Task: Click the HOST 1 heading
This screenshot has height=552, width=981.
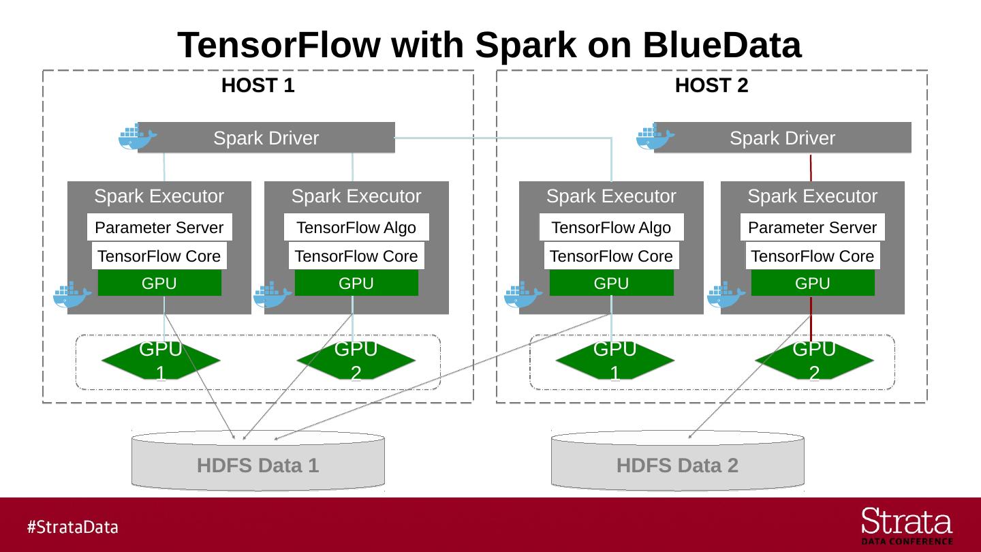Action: [x=258, y=86]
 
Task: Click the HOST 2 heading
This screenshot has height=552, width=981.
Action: [x=711, y=86]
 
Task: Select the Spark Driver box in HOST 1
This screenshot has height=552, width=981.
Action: [x=266, y=138]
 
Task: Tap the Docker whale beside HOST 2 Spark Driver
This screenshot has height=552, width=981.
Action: [x=655, y=137]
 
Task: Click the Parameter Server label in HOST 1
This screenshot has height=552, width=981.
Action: [x=159, y=228]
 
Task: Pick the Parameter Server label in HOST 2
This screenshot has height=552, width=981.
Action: [x=812, y=228]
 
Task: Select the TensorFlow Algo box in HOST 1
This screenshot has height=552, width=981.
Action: [x=356, y=228]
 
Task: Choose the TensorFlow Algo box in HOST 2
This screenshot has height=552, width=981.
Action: [x=611, y=228]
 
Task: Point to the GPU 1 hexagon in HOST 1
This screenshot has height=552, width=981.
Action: [x=161, y=361]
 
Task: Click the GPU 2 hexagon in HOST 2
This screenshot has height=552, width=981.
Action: [x=814, y=361]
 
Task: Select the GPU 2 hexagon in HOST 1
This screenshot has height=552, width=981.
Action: [x=356, y=361]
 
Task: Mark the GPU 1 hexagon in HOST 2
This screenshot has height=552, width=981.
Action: [x=615, y=361]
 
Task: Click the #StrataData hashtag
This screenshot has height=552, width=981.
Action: [x=72, y=527]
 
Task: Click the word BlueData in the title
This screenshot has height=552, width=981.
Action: [x=721, y=46]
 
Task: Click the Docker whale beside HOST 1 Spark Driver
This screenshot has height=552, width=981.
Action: [x=138, y=137]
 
